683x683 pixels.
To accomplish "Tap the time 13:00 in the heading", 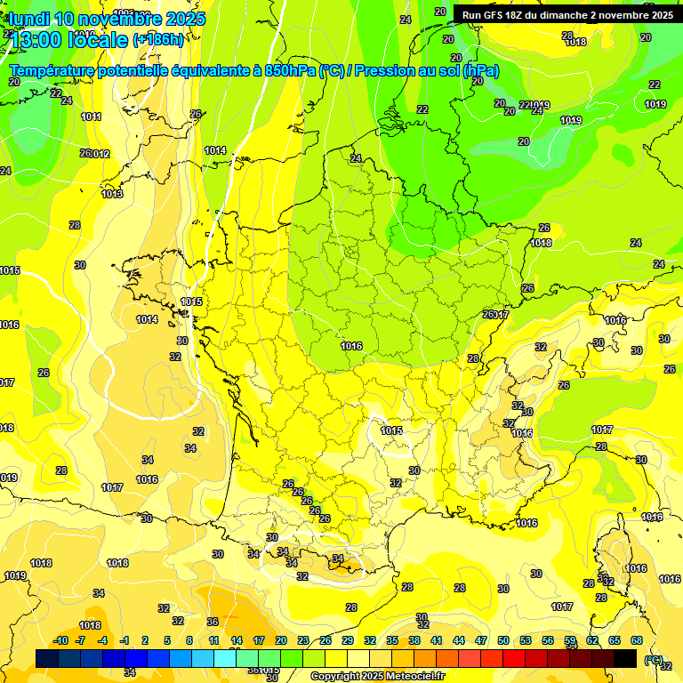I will click(36, 39).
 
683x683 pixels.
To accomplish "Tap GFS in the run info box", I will click(496, 15).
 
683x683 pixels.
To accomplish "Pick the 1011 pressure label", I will click(91, 117).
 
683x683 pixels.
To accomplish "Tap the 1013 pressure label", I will click(112, 194).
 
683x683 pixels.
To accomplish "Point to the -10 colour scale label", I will click(60, 640).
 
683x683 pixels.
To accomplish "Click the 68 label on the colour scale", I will click(637, 640).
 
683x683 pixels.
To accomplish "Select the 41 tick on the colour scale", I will click(437, 640).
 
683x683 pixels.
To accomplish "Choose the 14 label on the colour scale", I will click(237, 640).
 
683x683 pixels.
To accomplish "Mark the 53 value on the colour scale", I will click(526, 640).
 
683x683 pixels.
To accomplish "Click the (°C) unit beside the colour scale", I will click(654, 659).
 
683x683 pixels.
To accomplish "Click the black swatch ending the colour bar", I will click(625, 658).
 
